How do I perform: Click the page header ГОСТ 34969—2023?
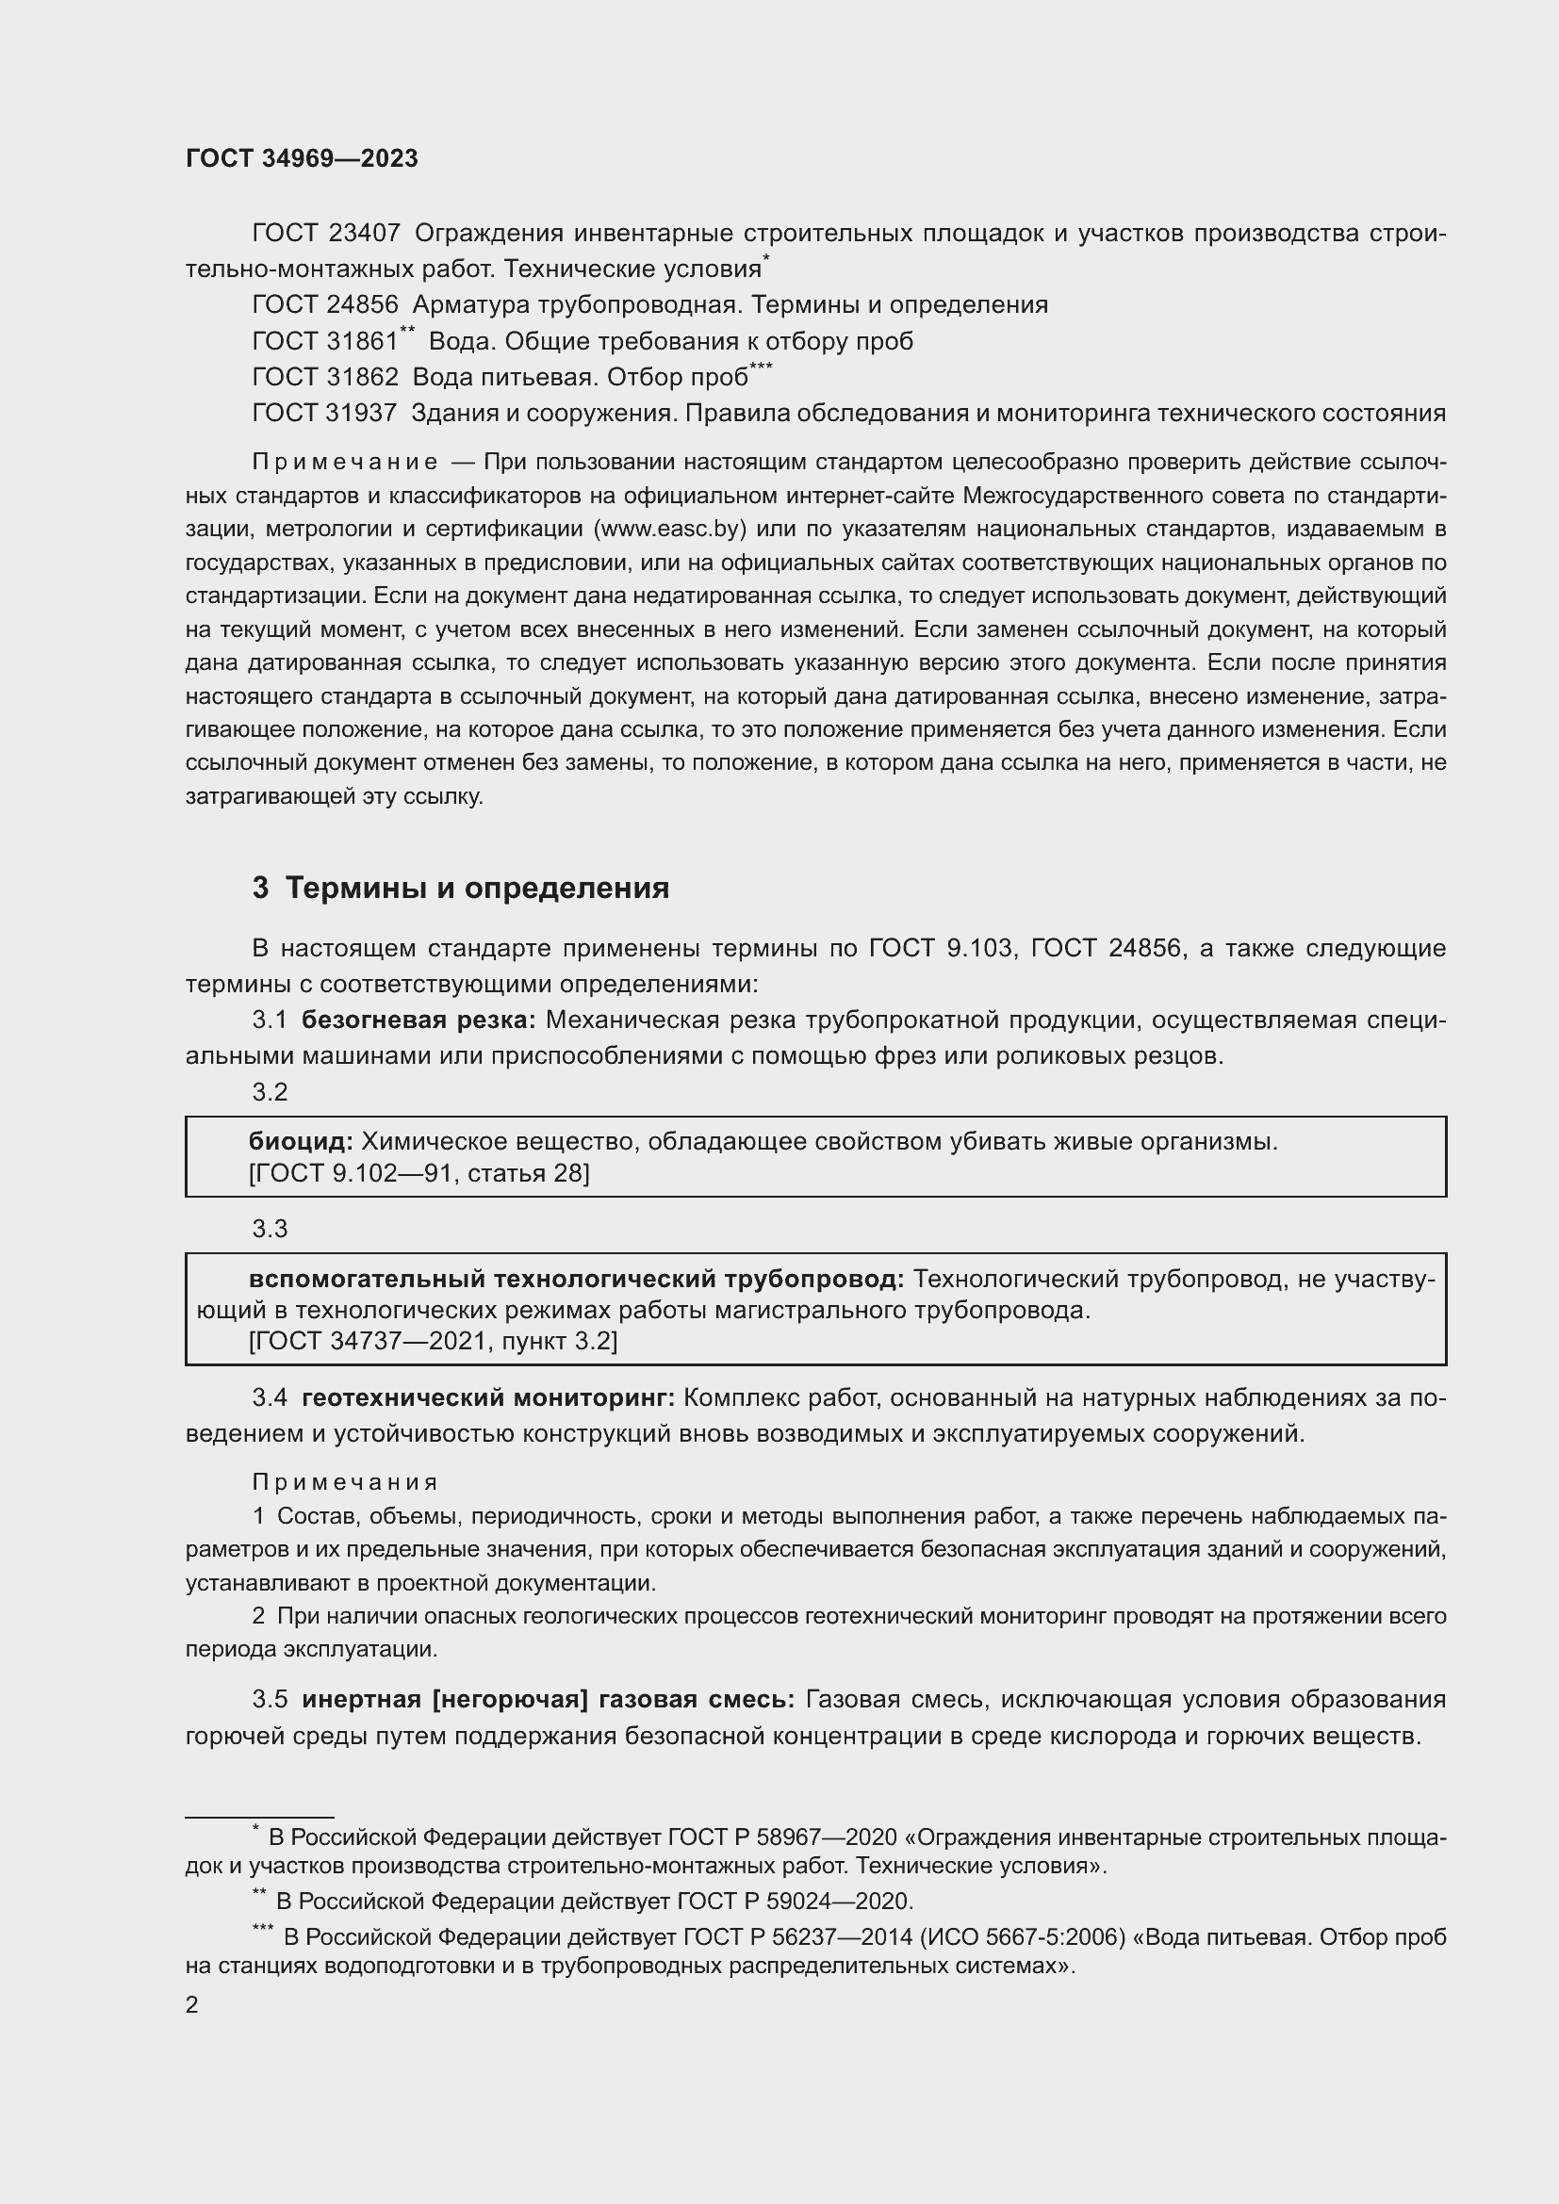click(x=302, y=159)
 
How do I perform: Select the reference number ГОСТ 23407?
click(x=325, y=234)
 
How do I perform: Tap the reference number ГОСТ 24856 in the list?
click(x=324, y=305)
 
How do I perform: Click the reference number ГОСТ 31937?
click(x=324, y=413)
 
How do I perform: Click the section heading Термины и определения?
click(x=477, y=888)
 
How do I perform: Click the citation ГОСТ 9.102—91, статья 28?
click(x=418, y=1173)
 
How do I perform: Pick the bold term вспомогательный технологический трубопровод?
click(x=576, y=1279)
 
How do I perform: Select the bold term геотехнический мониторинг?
click(x=488, y=1398)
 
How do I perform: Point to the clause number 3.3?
click(x=270, y=1229)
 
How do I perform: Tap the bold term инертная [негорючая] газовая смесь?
click(x=549, y=1699)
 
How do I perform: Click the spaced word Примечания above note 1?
click(x=345, y=1482)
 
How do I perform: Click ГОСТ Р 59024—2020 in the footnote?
click(x=794, y=1900)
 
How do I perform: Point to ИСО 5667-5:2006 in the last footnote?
click(x=1023, y=1937)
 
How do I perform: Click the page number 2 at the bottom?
click(x=192, y=2004)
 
